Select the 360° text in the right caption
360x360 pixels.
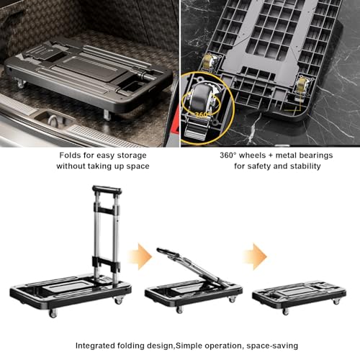[228, 156]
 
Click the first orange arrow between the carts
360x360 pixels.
[140, 256]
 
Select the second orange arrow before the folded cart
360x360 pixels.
[255, 256]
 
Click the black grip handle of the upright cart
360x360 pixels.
[107, 189]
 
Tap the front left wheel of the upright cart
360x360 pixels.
[53, 313]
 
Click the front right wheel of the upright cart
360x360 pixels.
[119, 300]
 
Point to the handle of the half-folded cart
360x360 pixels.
[168, 253]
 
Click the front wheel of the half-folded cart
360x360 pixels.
[179, 310]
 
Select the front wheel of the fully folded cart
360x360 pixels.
[285, 312]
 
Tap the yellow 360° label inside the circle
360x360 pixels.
[203, 114]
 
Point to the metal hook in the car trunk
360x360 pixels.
[53, 120]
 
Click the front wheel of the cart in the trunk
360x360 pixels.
[107, 115]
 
